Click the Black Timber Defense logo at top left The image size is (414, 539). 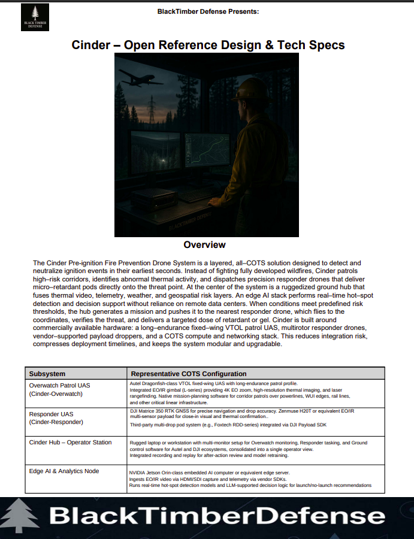coord(35,17)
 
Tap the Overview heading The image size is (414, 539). coord(204,244)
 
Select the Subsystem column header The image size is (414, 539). coord(47,374)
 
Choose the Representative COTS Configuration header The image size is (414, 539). coord(189,374)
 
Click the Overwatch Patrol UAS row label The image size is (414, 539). coord(59,384)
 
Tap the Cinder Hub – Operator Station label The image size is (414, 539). coord(70,443)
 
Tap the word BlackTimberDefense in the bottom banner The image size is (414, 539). coord(217,517)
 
